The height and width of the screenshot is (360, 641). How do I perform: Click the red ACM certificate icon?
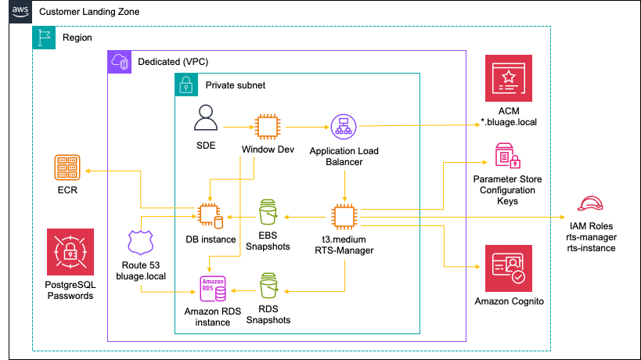[x=508, y=79]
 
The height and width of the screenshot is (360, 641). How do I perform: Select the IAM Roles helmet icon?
[x=589, y=205]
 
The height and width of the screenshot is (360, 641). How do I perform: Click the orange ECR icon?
[x=67, y=168]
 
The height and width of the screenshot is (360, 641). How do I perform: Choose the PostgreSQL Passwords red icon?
[x=70, y=251]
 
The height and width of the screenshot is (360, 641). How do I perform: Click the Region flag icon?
[x=44, y=38]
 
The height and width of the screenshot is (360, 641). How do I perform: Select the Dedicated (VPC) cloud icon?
[x=119, y=62]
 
